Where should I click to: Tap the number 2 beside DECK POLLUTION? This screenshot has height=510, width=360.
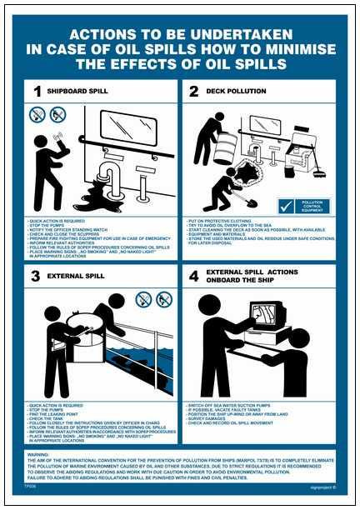pos(193,91)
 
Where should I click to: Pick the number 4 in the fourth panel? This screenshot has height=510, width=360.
pos(193,277)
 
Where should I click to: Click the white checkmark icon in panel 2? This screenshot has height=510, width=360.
pos(286,204)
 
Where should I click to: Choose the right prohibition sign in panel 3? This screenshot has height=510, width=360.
pos(163,298)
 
